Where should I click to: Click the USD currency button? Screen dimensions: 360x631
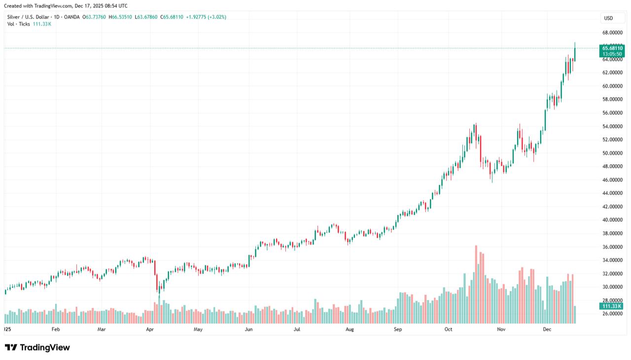pyautogui.click(x=608, y=18)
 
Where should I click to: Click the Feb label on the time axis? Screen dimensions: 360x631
pyautogui.click(x=55, y=329)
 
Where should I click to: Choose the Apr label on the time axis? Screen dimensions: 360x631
pyautogui.click(x=150, y=329)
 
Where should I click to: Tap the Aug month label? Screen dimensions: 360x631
pyautogui.click(x=350, y=329)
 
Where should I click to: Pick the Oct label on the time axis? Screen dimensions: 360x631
pyautogui.click(x=448, y=329)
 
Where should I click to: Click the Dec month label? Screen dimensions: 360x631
pyautogui.click(x=547, y=329)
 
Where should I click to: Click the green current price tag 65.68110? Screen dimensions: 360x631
pyautogui.click(x=612, y=48)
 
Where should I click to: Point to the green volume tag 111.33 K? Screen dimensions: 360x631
pyautogui.click(x=612, y=306)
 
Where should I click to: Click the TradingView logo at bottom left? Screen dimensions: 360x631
pyautogui.click(x=37, y=348)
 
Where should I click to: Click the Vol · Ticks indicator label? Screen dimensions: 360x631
pyautogui.click(x=19, y=24)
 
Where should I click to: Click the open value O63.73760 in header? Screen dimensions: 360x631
pyautogui.click(x=94, y=17)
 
